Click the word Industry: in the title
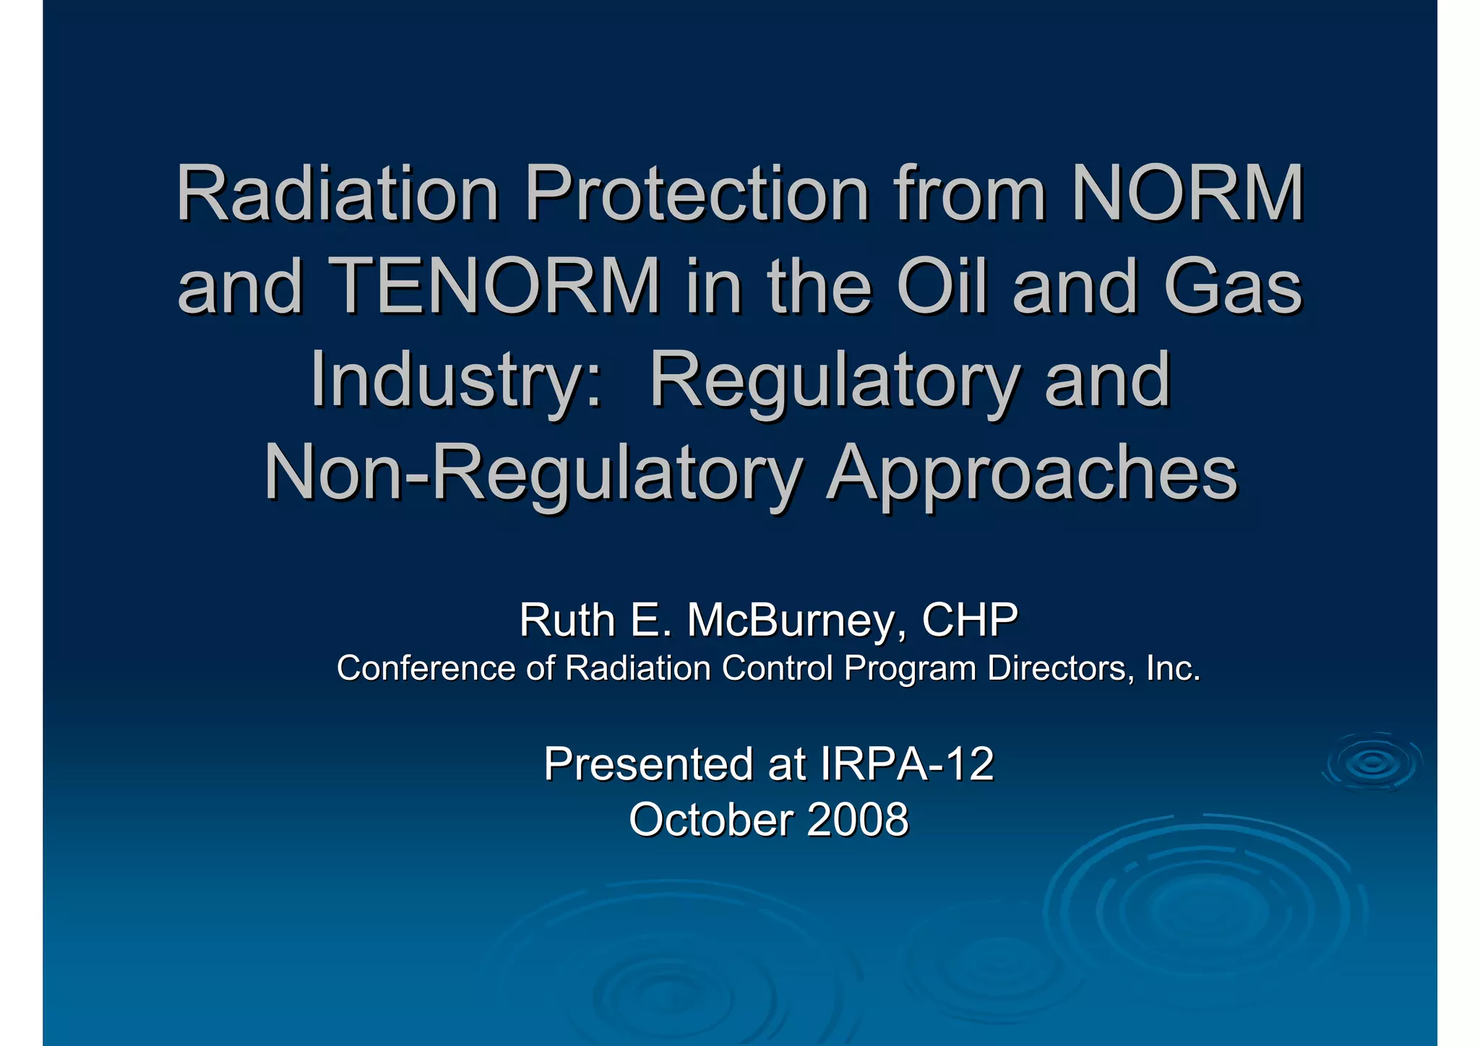tap(455, 380)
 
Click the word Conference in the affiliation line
tap(426, 668)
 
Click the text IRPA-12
tap(907, 764)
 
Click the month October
tap(711, 820)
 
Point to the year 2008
tap(857, 820)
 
